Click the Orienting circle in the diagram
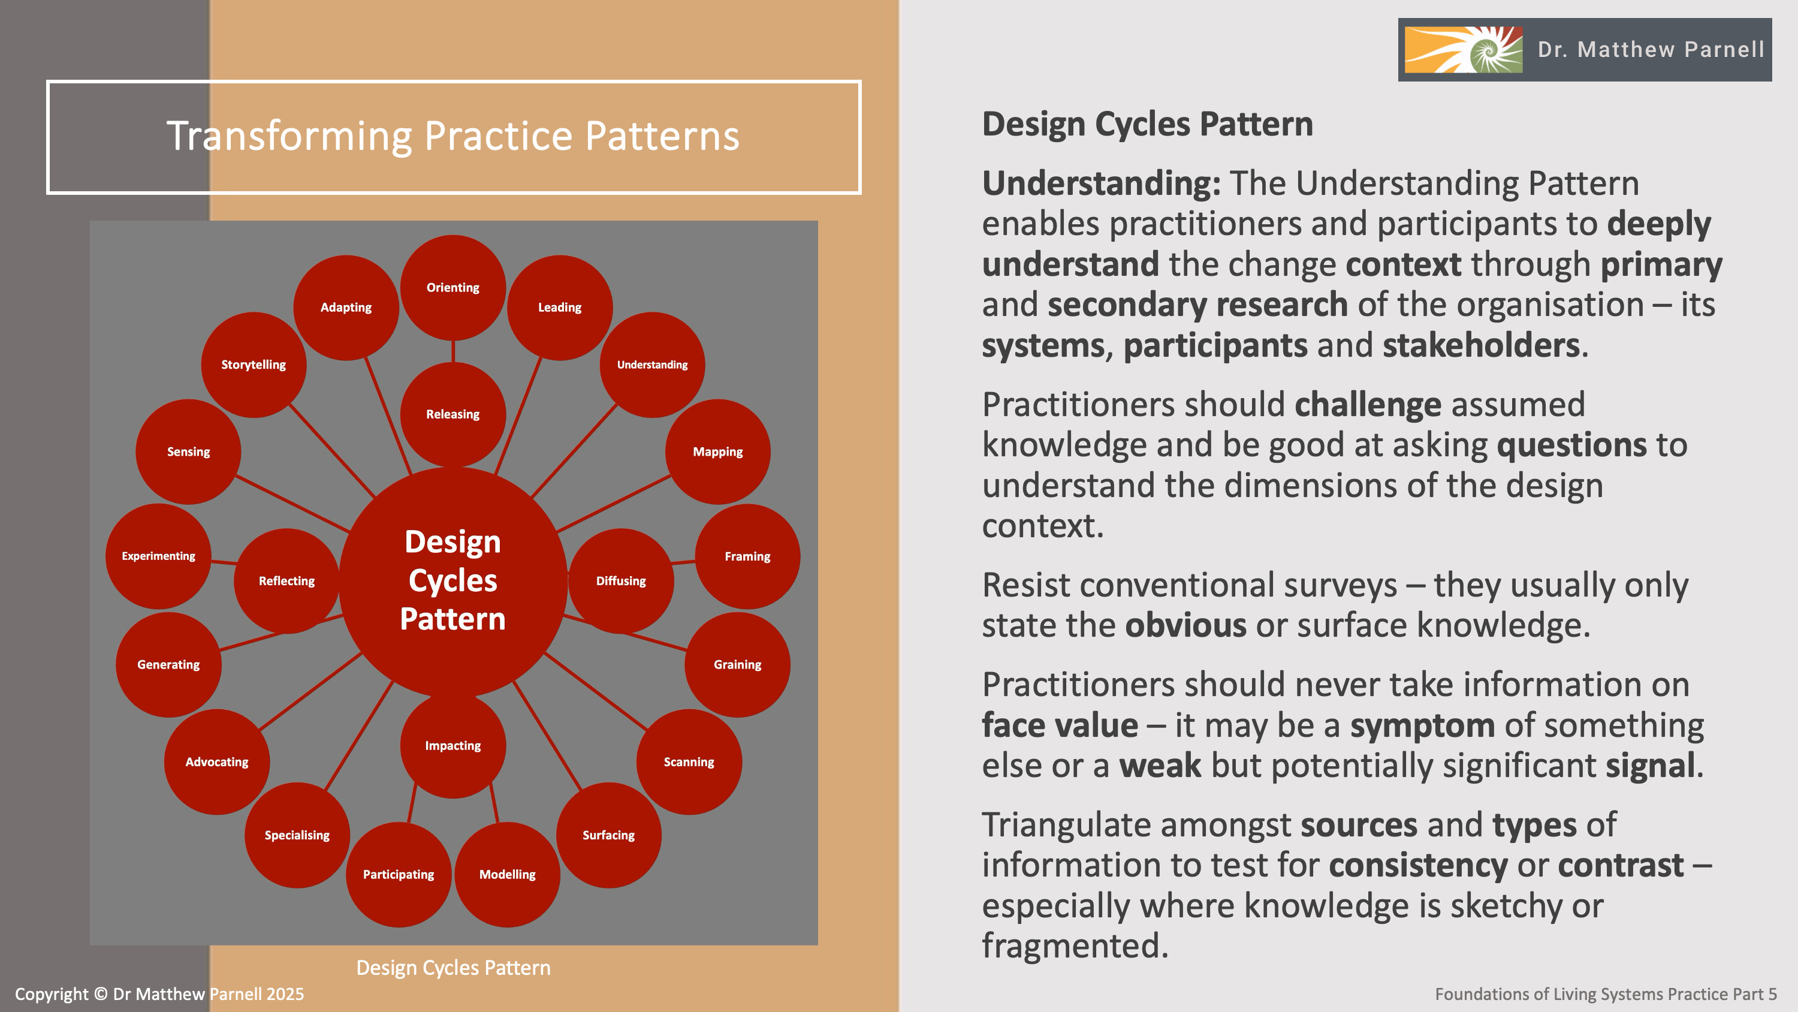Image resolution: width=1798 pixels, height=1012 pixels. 453,287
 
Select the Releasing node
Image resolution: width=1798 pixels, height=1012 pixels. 453,414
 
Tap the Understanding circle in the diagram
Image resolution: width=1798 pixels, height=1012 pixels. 652,365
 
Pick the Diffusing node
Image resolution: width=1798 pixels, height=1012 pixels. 620,580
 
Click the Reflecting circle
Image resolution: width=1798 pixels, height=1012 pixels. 286,580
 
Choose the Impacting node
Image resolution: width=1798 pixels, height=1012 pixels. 453,745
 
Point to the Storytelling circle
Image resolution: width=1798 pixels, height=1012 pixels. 254,365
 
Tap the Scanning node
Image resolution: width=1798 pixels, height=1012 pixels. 689,761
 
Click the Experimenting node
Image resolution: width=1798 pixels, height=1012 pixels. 158,556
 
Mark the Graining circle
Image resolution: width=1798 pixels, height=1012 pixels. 737,664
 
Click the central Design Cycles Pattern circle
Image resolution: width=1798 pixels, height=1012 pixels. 453,580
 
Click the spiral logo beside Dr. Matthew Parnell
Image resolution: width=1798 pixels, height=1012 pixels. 1464,50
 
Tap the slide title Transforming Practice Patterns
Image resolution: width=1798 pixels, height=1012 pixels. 453,135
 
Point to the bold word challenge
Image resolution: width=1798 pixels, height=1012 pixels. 1367,405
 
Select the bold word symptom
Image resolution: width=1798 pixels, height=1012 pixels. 1422,725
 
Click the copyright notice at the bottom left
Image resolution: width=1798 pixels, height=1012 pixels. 159,994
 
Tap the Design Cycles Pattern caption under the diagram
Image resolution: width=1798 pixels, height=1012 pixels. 453,967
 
